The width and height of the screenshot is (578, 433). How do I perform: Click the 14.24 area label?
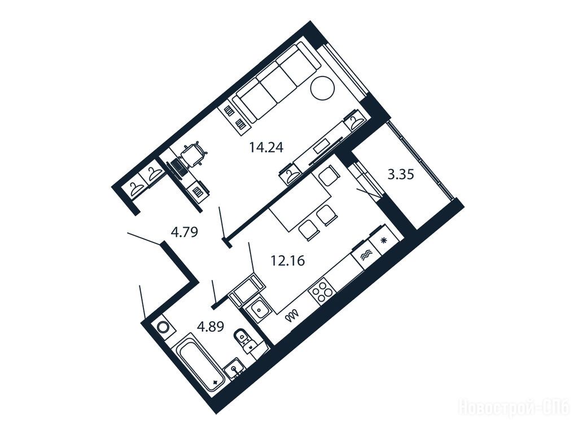pyautogui.click(x=266, y=148)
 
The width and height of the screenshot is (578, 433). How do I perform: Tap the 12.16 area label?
pyautogui.click(x=287, y=261)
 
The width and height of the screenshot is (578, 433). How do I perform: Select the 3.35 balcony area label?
pyautogui.click(x=401, y=174)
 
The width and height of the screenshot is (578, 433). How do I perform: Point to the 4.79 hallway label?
pyautogui.click(x=185, y=232)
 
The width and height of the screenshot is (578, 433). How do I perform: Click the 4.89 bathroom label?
pyautogui.click(x=211, y=326)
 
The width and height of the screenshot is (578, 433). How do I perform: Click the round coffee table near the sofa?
pyautogui.click(x=322, y=88)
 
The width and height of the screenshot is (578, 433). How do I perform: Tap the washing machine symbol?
pyautogui.click(x=163, y=328)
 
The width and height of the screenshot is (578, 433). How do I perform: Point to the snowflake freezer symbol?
pyautogui.click(x=383, y=241)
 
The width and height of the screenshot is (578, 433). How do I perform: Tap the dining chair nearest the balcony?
pyautogui.click(x=328, y=176)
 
